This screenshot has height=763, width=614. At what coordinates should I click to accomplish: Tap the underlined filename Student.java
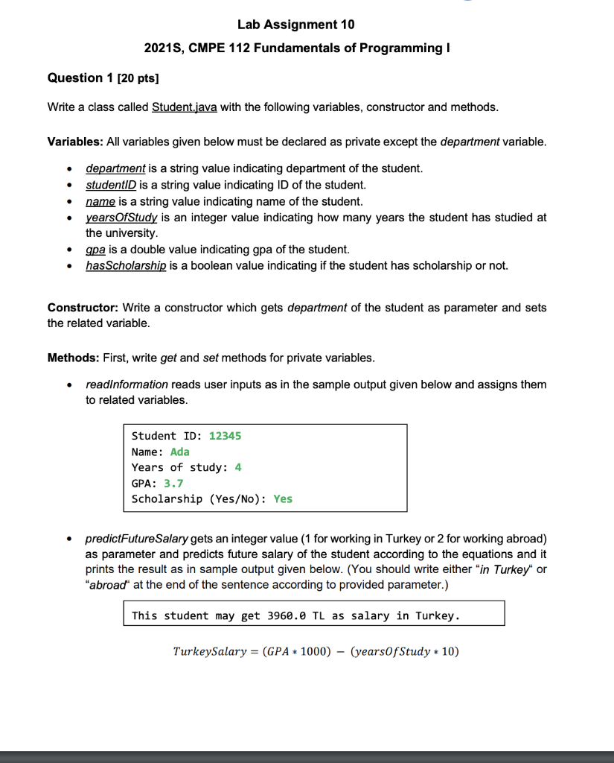pyautogui.click(x=185, y=107)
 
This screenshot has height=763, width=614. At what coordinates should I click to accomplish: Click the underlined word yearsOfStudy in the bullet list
pyautogui.click(x=121, y=218)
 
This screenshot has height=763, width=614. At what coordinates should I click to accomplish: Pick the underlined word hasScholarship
pyautogui.click(x=127, y=266)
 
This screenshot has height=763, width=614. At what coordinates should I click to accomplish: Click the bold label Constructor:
pyautogui.click(x=83, y=308)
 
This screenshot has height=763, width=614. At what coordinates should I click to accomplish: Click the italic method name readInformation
pyautogui.click(x=127, y=384)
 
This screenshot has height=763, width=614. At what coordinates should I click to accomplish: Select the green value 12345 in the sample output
pyautogui.click(x=225, y=436)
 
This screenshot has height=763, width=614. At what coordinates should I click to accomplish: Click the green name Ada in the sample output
pyautogui.click(x=180, y=452)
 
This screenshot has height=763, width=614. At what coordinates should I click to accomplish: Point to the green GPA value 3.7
pyautogui.click(x=173, y=483)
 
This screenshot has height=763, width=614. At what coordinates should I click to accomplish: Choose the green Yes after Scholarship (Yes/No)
pyautogui.click(x=283, y=499)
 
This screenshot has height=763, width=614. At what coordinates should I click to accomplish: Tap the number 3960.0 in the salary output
pyautogui.click(x=280, y=615)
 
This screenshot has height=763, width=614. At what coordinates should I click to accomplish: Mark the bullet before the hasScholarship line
pyautogui.click(x=69, y=266)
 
